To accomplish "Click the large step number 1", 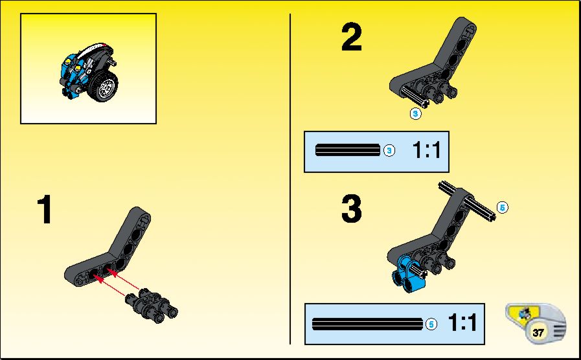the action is [45, 210].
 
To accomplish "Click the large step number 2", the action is [351, 37].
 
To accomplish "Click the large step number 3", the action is [351, 209].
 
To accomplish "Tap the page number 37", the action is [538, 332].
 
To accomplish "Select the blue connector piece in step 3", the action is [407, 274].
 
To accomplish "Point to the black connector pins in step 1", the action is [152, 307].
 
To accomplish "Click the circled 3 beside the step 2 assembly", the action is [415, 114].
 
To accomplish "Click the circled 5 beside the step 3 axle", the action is [502, 207].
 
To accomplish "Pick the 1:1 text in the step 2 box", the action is [426, 150].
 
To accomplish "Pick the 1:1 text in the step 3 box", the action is [462, 322].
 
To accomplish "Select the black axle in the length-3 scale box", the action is [348, 150].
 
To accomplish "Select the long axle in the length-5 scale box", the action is [367, 324].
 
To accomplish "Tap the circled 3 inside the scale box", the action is [389, 150].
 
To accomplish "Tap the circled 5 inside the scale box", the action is [431, 324].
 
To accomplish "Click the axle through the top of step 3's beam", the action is [468, 201].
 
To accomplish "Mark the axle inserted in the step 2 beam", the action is [415, 97].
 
